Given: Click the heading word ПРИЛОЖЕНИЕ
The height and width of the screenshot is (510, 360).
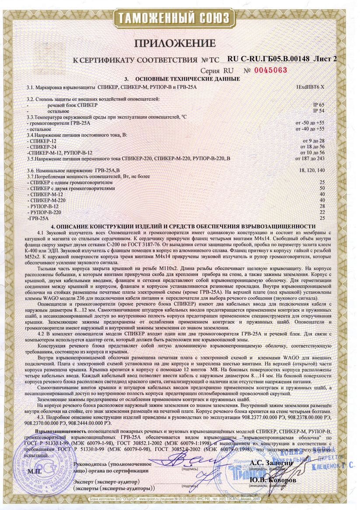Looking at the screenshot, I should click(175, 43).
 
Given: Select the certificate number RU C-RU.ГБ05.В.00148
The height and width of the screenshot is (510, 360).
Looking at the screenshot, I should click(269, 59).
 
